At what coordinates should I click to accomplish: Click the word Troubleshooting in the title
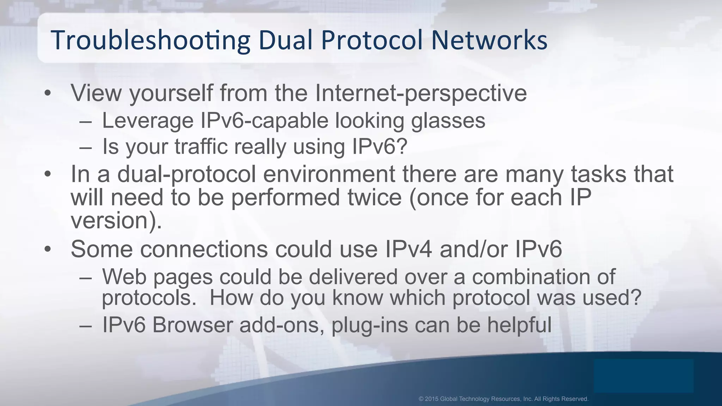click(150, 40)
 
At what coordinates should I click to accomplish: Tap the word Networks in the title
click(489, 40)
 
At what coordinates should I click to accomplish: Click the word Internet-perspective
click(421, 93)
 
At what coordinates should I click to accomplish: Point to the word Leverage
click(148, 121)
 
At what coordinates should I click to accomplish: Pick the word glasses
click(448, 121)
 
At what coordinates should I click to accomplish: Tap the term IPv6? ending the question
click(380, 146)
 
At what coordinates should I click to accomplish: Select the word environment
click(329, 174)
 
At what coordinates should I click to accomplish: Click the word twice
click(375, 197)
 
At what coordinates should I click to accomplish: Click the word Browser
click(192, 325)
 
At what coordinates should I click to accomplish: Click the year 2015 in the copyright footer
click(432, 399)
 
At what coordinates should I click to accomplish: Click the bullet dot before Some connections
click(48, 250)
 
